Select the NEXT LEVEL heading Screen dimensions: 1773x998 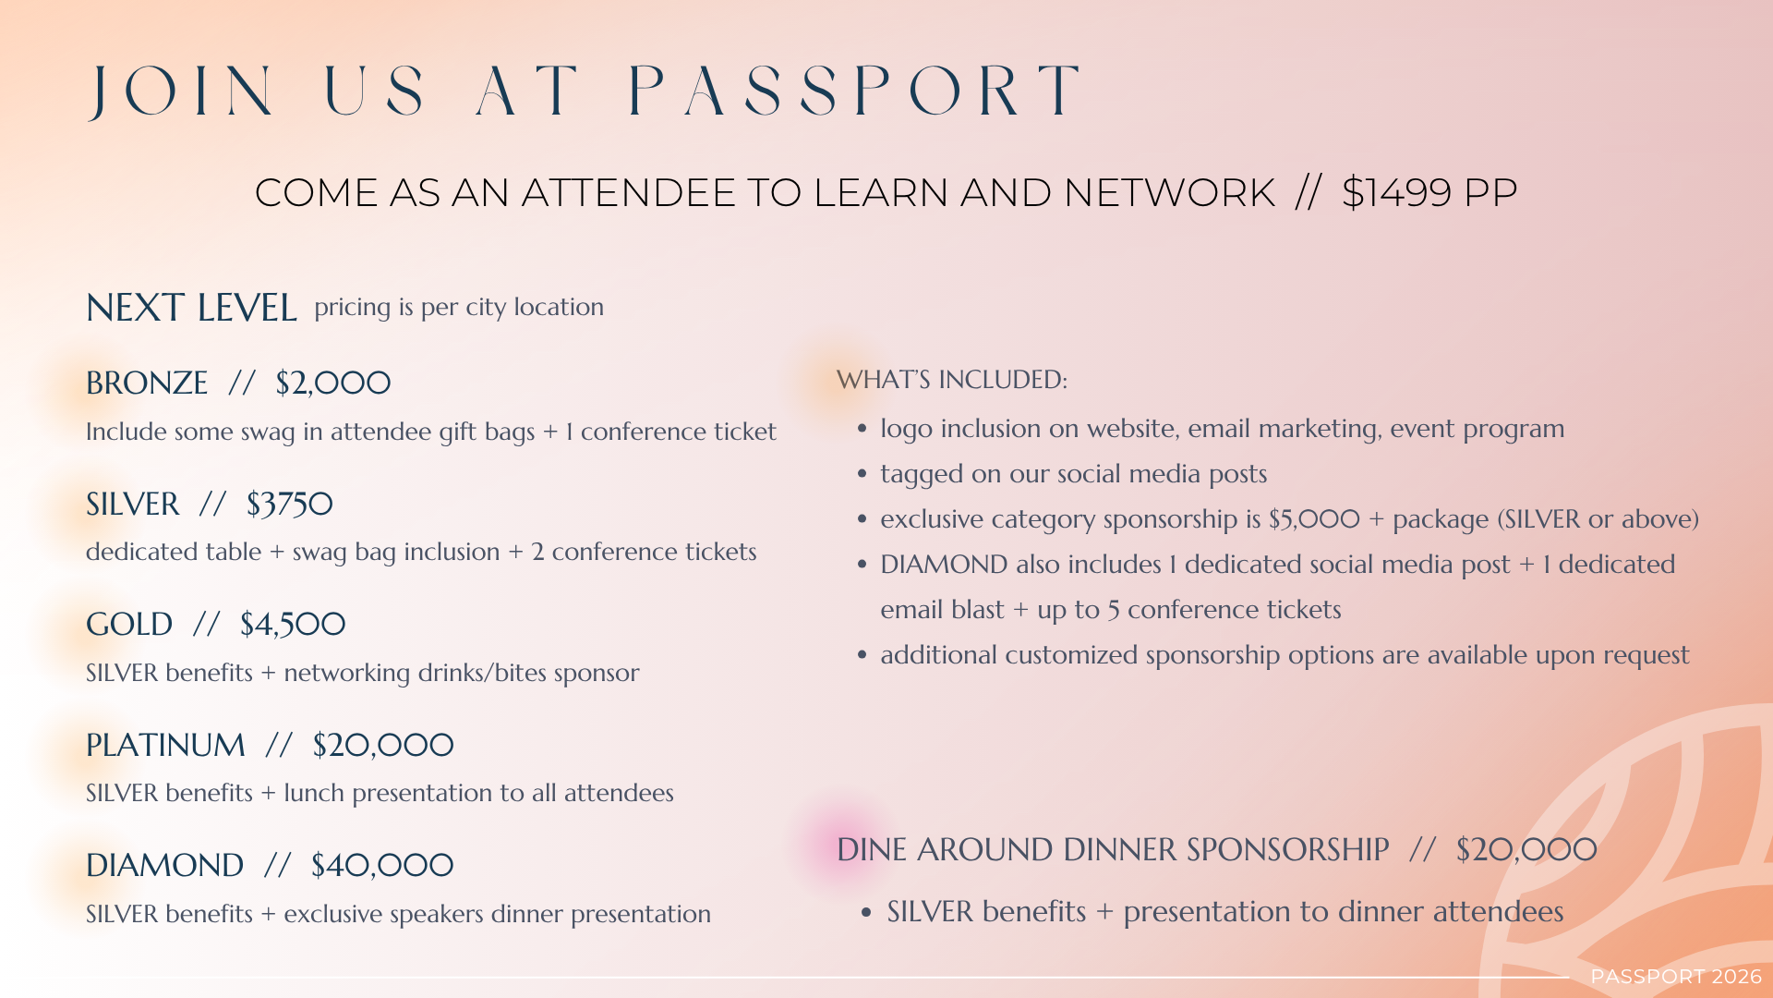tap(191, 308)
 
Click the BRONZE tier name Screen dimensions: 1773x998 tap(147, 383)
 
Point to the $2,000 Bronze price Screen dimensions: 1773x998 tap(333, 383)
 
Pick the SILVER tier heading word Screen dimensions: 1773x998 tap(133, 504)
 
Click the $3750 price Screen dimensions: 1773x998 tap(289, 504)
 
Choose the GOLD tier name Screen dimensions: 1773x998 tap(129, 624)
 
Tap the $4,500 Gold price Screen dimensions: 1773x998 tap(293, 624)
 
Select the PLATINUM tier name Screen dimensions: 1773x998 tap(166, 745)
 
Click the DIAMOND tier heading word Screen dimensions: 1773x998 tap(165, 866)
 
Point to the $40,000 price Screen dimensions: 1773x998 tap(382, 866)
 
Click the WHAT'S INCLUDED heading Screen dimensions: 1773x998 tap(952, 380)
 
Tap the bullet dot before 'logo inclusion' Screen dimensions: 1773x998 tap(862, 429)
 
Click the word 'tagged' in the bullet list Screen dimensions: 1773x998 tap(918, 475)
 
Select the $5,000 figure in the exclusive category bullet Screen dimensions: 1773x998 tap(1315, 519)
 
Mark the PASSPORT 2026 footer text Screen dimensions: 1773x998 tap(1676, 977)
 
